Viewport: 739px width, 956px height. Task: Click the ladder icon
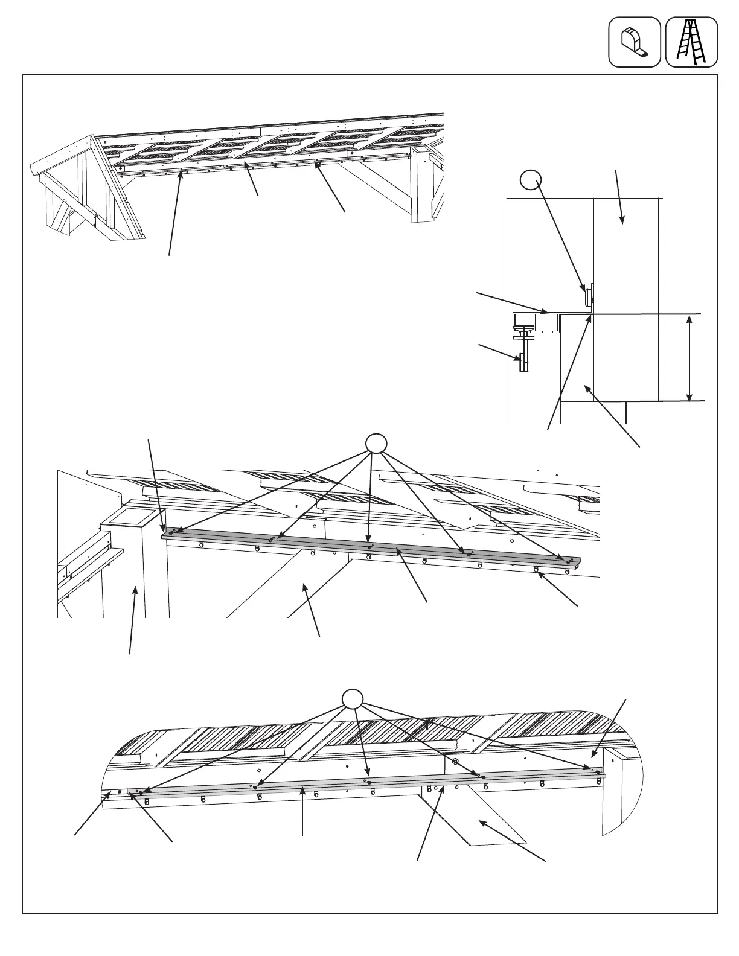[691, 42]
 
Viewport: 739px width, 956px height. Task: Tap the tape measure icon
[634, 42]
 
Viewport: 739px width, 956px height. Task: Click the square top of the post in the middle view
[128, 515]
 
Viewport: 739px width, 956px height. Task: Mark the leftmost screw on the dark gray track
[171, 532]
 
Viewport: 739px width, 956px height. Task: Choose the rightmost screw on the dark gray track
[568, 562]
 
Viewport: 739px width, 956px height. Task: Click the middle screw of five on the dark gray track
[370, 547]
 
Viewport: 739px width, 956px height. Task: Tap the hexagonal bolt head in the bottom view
[455, 762]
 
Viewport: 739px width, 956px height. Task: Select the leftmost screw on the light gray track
[141, 792]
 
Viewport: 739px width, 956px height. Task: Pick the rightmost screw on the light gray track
[597, 772]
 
